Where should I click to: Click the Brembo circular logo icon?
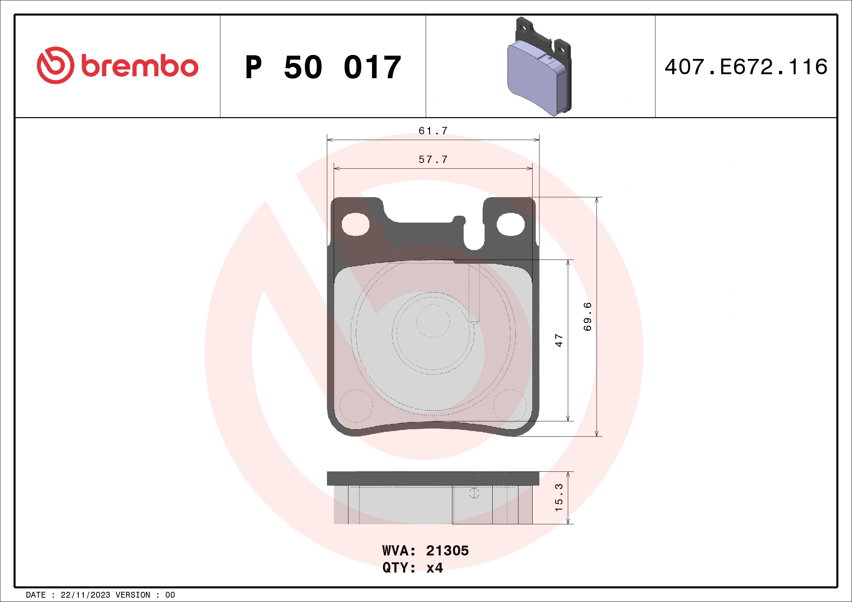click(56, 65)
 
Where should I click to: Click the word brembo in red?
click(140, 66)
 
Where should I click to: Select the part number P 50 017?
click(323, 67)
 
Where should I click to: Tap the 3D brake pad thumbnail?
click(540, 67)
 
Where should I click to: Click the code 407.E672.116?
click(746, 67)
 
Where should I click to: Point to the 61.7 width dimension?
click(433, 131)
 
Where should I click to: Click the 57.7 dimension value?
click(433, 160)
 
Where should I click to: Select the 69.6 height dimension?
click(587, 316)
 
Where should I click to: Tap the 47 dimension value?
click(559, 340)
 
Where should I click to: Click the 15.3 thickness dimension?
click(559, 498)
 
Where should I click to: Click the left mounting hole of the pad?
click(355, 225)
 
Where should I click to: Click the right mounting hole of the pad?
click(510, 225)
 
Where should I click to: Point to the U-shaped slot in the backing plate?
click(474, 237)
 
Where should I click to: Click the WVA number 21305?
click(447, 551)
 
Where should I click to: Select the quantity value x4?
click(434, 568)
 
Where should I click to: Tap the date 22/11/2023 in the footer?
click(85, 595)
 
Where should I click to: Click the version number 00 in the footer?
click(170, 595)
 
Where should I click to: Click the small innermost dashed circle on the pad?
click(433, 322)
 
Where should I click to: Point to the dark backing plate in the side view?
click(433, 479)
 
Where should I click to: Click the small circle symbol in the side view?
click(474, 493)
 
